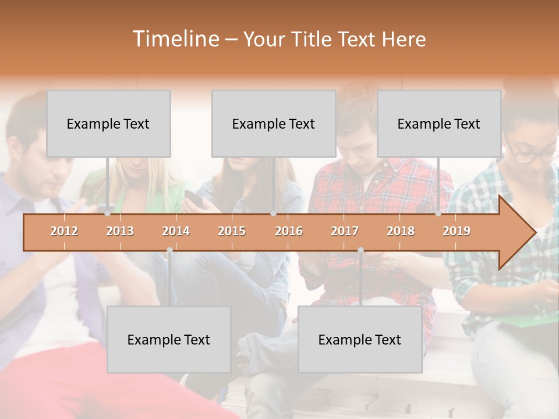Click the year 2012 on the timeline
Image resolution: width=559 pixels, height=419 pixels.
pos(64,231)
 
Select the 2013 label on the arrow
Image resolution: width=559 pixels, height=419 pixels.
pos(120,231)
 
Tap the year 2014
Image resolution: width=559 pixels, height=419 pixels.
pos(176,231)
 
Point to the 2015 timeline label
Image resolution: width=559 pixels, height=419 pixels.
pos(232,231)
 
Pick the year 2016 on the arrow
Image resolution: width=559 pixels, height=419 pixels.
pos(289,231)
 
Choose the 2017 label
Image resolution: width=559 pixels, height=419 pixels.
pos(345,231)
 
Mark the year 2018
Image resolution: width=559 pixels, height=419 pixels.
pos(401,231)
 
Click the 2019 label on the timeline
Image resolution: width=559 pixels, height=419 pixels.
pos(457,231)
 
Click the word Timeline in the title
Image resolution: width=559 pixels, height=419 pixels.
pos(175,39)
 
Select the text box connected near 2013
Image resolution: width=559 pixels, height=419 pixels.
pos(108,123)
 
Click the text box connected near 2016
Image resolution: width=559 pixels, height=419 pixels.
pos(274,123)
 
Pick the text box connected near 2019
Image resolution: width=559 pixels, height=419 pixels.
pos(439,123)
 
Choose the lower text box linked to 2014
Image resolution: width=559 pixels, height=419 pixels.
pos(169,339)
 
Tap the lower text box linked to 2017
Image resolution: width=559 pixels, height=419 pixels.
pos(360,339)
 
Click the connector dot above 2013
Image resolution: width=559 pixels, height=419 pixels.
pos(108,214)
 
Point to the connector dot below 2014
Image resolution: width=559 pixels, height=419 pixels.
pos(169,250)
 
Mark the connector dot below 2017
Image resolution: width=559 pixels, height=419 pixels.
pos(360,250)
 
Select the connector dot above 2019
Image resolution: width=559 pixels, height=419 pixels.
pos(438,214)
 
